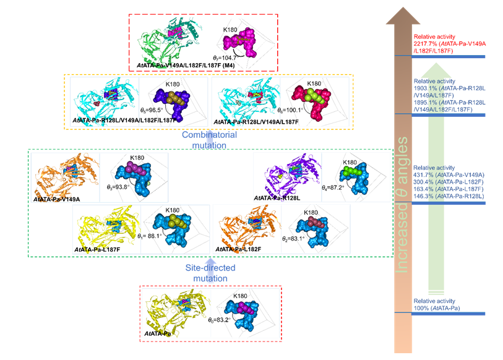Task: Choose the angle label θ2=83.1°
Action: pos(294,238)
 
